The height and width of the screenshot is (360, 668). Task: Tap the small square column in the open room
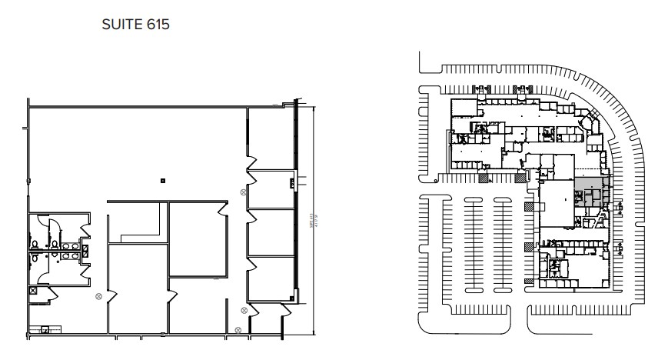pos(162,182)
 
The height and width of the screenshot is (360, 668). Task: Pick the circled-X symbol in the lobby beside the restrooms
pos(98,296)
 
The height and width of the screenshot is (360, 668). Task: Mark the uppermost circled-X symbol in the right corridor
pos(244,192)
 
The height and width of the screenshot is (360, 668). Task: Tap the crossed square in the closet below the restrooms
pos(32,292)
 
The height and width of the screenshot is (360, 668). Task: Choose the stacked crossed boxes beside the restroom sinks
pos(85,248)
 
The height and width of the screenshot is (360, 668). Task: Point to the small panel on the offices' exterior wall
pos(292,182)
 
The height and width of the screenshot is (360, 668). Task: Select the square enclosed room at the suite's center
pos(198,238)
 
